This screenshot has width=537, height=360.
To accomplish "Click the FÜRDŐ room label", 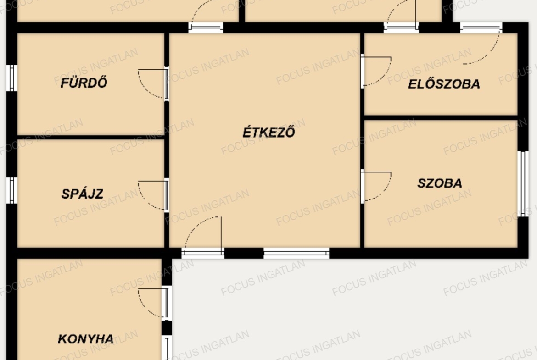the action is pyautogui.click(x=84, y=83).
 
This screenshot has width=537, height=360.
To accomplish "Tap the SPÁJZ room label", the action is pyautogui.click(x=82, y=194).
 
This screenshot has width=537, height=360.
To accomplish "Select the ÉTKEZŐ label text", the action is pyautogui.click(x=269, y=132).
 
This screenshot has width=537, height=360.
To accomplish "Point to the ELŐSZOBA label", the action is pyautogui.click(x=444, y=84).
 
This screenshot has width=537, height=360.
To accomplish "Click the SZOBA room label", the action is pyautogui.click(x=440, y=183).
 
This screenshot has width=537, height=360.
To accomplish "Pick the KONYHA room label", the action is pyautogui.click(x=86, y=339).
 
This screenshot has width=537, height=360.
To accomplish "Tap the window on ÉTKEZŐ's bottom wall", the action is pyautogui.click(x=296, y=253).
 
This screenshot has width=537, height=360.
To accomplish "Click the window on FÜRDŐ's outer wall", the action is pyautogui.click(x=11, y=78).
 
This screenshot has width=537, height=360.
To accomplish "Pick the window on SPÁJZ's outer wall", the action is pyautogui.click(x=11, y=190).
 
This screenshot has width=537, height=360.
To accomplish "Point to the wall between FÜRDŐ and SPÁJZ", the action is pyautogui.click(x=91, y=137).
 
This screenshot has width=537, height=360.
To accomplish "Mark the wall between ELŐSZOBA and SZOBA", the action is pyautogui.click(x=441, y=118).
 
